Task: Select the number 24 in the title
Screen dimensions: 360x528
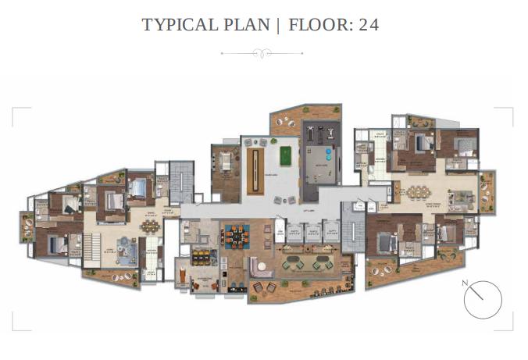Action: click(368, 25)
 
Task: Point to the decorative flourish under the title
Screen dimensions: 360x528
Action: click(264, 53)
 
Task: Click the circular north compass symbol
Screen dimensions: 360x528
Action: click(482, 300)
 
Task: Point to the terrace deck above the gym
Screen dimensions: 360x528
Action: click(288, 121)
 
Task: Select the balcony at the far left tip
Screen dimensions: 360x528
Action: click(26, 230)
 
